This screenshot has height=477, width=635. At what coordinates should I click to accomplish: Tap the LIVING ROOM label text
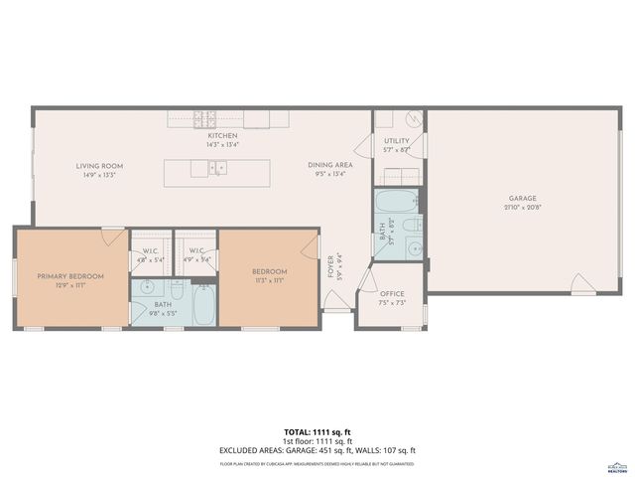(99, 166)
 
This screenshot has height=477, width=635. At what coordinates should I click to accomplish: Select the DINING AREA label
(328, 165)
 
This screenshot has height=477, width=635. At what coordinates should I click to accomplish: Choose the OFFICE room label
(392, 294)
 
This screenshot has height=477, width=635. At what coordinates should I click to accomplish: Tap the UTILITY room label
(397, 142)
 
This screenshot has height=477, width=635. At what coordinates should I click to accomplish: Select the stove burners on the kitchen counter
(205, 119)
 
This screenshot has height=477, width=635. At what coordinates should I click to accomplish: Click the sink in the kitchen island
(217, 168)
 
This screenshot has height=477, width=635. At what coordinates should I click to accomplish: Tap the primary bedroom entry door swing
(113, 237)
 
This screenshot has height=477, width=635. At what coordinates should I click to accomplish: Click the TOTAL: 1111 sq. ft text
(317, 433)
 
